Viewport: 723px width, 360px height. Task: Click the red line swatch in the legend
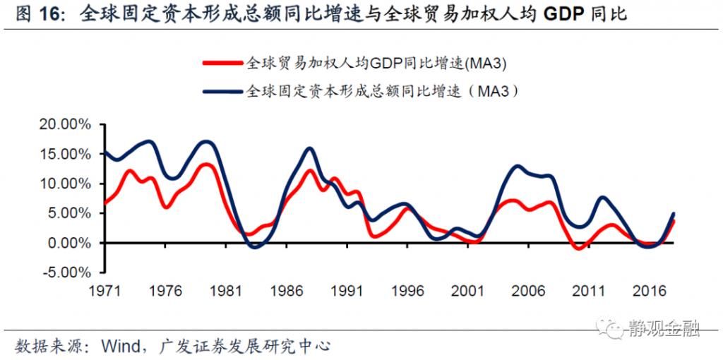(222, 64)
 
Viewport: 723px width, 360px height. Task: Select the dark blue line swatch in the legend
(222, 91)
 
